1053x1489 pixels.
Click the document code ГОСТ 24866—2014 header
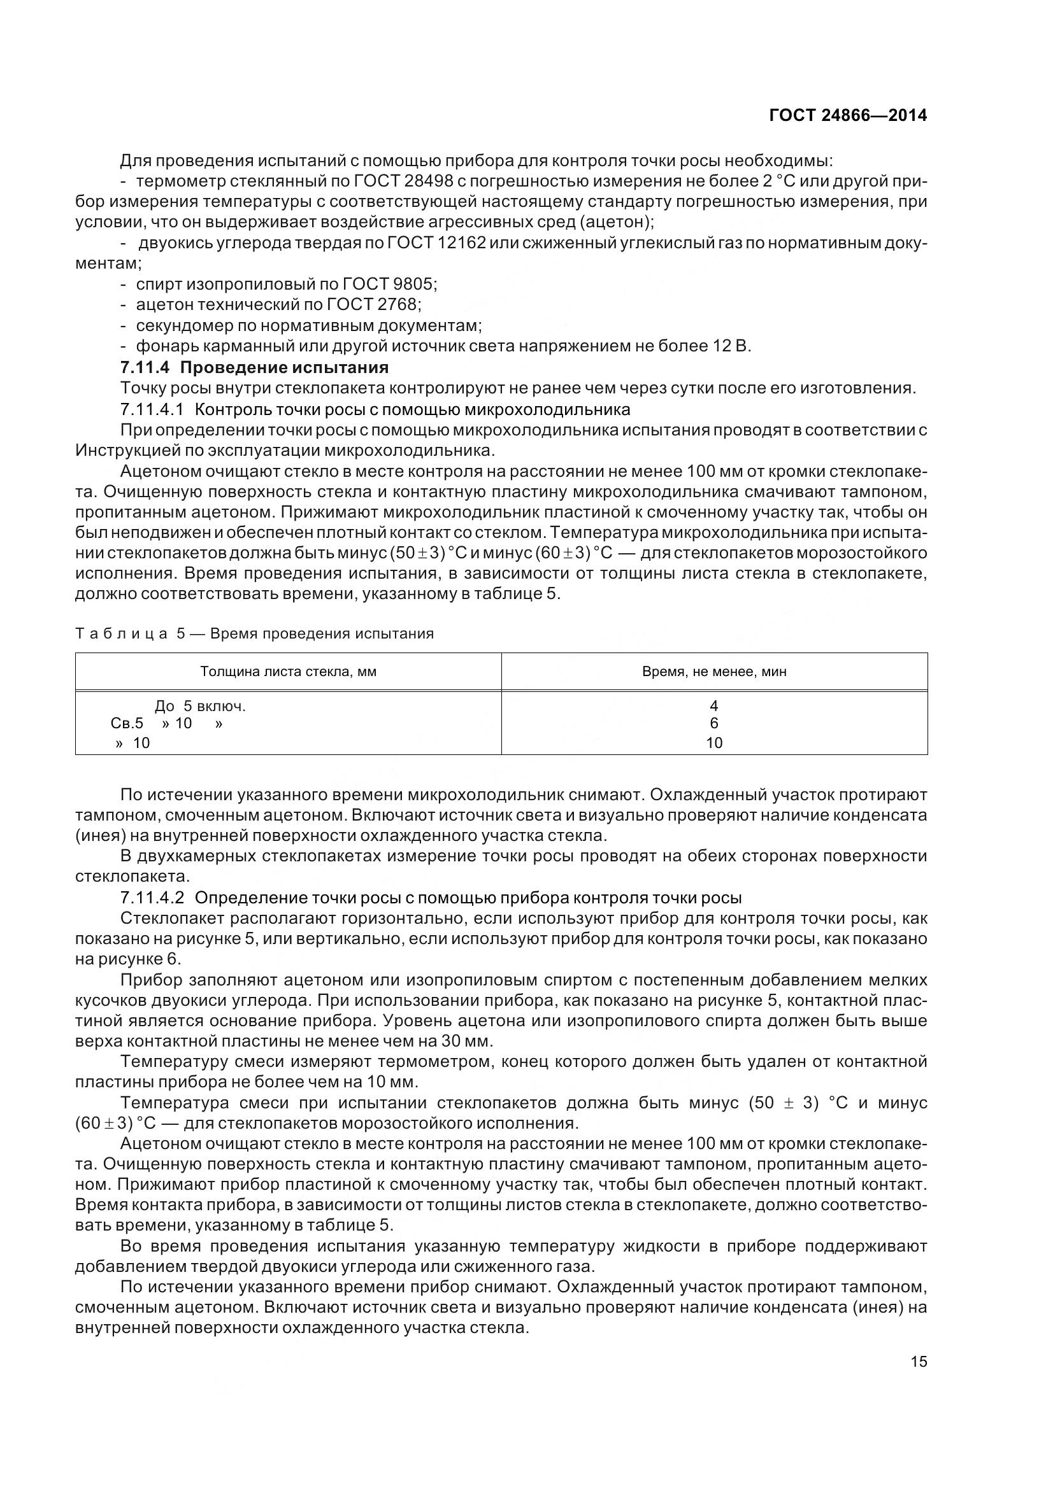[x=847, y=115]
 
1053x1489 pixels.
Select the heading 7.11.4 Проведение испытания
[x=254, y=368]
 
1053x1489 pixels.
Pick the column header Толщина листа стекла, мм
[x=288, y=671]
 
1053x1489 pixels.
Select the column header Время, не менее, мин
[x=713, y=671]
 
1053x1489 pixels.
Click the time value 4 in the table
[x=713, y=705]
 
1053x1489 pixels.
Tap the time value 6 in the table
[x=713, y=723]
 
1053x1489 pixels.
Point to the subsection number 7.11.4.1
[x=152, y=409]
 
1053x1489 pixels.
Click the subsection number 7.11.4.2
[x=152, y=898]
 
